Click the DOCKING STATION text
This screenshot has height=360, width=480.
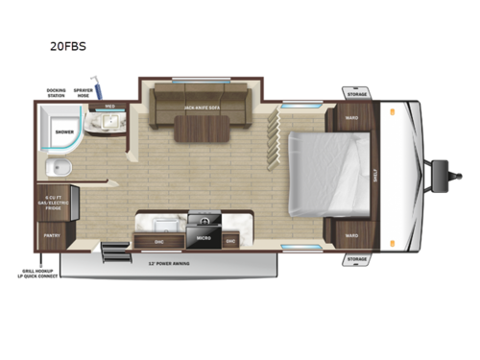pyautogui.click(x=56, y=92)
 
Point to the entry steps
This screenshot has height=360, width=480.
pyautogui.click(x=113, y=253)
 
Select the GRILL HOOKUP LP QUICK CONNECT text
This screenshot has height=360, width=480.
pyautogui.click(x=39, y=276)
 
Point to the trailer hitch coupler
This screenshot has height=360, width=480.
pyautogui.click(x=444, y=176)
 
